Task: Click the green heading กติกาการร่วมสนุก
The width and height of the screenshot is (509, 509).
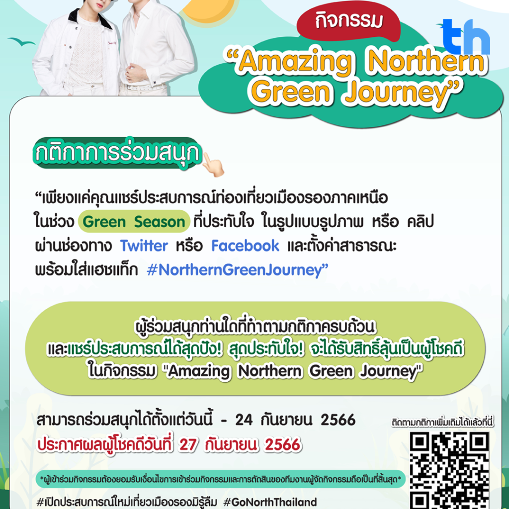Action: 117,153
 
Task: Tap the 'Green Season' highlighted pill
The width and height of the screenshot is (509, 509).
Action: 134,222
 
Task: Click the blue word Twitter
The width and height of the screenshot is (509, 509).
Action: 144,246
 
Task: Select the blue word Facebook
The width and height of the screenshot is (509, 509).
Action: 245,246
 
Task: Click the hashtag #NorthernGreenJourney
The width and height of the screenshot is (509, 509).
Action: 237,270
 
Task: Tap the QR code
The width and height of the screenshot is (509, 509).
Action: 449,470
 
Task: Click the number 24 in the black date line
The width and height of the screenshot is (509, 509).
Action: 244,420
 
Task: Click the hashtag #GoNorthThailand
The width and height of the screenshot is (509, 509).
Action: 270,502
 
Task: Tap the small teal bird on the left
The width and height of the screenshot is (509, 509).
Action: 21,42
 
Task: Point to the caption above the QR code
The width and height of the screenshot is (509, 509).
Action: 442,423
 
